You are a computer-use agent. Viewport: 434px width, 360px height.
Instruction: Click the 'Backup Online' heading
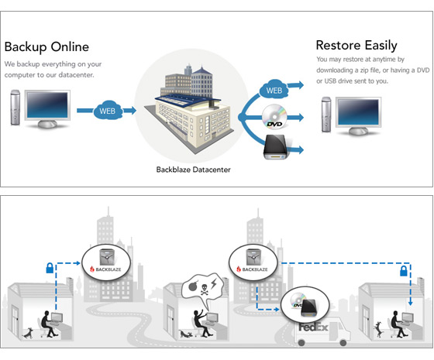pyautogui.click(x=46, y=46)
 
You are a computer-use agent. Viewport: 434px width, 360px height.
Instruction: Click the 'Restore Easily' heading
pyautogui.click(x=356, y=46)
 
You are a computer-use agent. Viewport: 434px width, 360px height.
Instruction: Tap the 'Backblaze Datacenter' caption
pyautogui.click(x=193, y=170)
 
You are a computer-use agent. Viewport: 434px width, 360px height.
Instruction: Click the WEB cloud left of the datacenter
pyautogui.click(x=108, y=110)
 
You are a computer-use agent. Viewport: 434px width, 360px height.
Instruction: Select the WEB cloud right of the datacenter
pyautogui.click(x=274, y=89)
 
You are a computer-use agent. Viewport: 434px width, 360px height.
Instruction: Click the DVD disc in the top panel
pyautogui.click(x=274, y=116)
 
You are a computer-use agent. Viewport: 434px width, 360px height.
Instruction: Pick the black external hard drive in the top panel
pyautogui.click(x=276, y=147)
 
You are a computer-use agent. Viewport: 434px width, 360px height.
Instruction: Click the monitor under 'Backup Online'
pyautogui.click(x=47, y=109)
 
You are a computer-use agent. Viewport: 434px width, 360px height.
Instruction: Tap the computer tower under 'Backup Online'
pyautogui.click(x=15, y=108)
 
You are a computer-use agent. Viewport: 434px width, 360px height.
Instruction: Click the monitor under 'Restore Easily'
pyautogui.click(x=358, y=116)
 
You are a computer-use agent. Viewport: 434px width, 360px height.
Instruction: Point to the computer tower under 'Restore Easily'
pyautogui.click(x=326, y=115)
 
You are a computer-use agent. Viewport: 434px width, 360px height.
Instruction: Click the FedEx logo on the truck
pyautogui.click(x=313, y=327)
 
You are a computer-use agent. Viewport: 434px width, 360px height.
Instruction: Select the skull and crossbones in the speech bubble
pyautogui.click(x=205, y=290)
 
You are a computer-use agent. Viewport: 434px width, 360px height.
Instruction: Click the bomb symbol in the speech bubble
pyautogui.click(x=193, y=286)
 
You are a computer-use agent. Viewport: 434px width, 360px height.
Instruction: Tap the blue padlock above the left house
pyautogui.click(x=50, y=268)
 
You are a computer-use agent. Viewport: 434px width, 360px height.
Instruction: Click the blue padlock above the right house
pyautogui.click(x=404, y=271)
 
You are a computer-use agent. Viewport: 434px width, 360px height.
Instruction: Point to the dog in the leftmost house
pyautogui.click(x=28, y=333)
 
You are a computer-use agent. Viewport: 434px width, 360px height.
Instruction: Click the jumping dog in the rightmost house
pyautogui.click(x=377, y=329)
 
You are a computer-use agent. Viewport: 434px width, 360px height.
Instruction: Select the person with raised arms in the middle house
pyautogui.click(x=201, y=323)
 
